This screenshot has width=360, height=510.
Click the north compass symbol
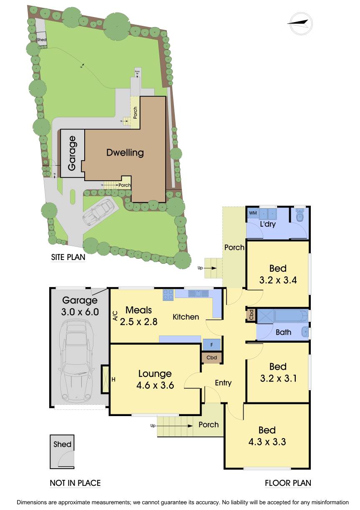300,24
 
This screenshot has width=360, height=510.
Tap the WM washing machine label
252,213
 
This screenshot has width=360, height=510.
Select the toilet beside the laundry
300,215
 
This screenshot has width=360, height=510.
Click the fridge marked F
212,345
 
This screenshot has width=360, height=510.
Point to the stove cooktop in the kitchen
169,295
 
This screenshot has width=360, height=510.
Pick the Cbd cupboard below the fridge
212,358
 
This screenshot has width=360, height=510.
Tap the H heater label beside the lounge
113,379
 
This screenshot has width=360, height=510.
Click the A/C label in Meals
115,316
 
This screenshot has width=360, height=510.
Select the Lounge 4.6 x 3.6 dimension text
155,386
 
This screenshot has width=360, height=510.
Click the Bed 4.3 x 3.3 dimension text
267,442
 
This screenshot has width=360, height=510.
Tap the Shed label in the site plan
41,40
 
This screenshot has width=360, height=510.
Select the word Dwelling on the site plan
125,153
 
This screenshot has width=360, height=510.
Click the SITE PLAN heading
68,257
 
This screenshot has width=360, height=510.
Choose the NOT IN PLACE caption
75,483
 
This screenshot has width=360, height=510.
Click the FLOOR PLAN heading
288,483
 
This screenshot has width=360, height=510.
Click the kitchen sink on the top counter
199,294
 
